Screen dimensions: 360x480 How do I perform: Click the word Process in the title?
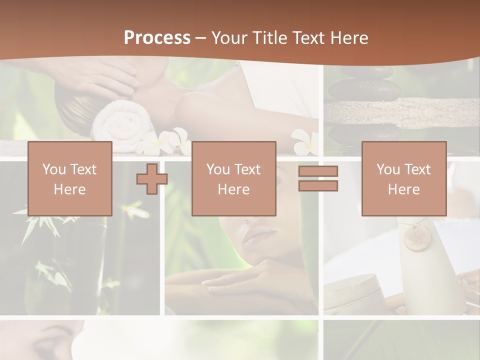(x=157, y=38)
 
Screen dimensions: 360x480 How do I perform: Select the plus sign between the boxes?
(x=152, y=178)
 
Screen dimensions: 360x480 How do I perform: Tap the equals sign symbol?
(x=318, y=178)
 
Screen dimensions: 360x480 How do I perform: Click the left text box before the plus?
(x=70, y=178)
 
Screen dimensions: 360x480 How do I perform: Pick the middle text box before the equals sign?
(x=233, y=178)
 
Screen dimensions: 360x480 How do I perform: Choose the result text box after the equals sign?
(x=403, y=178)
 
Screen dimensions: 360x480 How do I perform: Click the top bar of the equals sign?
(x=318, y=171)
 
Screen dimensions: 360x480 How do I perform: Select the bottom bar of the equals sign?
(x=318, y=186)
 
